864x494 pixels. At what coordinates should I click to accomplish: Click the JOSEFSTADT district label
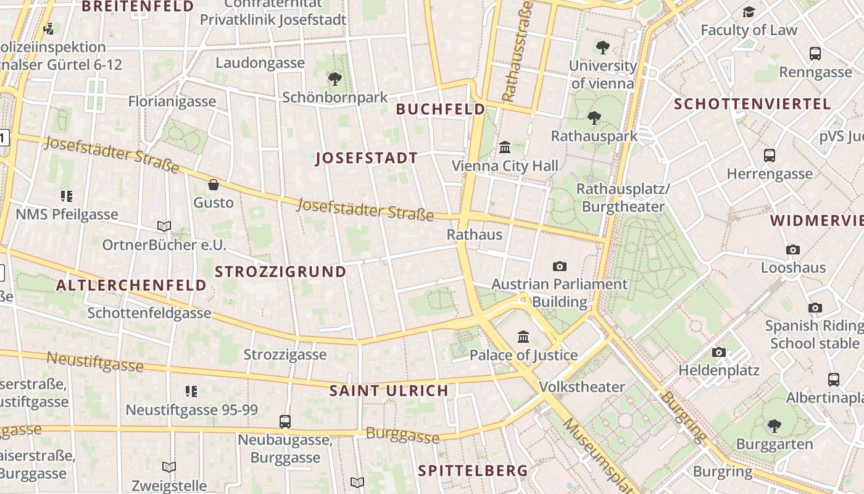(367, 158)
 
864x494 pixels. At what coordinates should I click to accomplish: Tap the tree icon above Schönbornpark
(335, 79)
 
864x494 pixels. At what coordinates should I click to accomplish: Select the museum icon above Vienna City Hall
(505, 147)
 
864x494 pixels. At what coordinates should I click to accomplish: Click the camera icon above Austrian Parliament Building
(560, 266)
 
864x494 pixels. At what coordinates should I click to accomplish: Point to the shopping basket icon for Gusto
(214, 184)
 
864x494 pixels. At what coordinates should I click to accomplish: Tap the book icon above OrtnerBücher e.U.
(164, 226)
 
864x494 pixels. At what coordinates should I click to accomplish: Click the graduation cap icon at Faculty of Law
(749, 12)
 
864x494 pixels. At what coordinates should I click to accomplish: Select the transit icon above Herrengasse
(770, 156)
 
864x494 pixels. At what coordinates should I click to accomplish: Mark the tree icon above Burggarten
(774, 425)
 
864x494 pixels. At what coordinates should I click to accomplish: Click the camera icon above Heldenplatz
(719, 352)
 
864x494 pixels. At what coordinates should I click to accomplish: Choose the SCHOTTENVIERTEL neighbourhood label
(752, 104)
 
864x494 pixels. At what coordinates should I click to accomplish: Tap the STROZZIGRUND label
(280, 272)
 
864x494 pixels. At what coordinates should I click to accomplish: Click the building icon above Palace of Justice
(523, 337)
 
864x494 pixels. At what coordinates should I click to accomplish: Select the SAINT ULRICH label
(389, 390)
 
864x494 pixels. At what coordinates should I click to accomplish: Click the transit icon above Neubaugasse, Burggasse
(285, 422)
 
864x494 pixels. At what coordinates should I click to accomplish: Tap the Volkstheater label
(582, 387)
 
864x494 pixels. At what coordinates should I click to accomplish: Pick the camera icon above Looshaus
(793, 249)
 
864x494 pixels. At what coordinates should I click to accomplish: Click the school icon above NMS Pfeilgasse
(67, 196)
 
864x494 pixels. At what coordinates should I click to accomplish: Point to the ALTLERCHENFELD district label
(131, 285)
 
